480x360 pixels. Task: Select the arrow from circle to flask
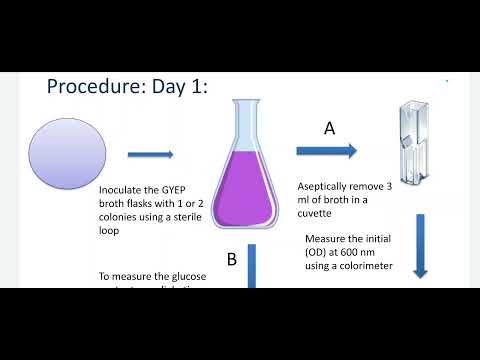tap(150, 154)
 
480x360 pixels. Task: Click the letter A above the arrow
tap(329, 128)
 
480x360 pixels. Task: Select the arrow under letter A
tap(326, 151)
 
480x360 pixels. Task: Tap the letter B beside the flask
tap(231, 260)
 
